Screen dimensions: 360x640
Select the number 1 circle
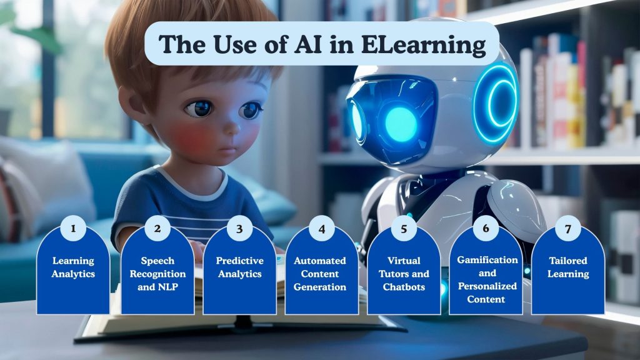[x=73, y=228]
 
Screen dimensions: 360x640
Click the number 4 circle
[x=322, y=229]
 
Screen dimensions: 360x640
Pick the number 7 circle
[x=567, y=228]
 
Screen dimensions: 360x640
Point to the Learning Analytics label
[x=73, y=267]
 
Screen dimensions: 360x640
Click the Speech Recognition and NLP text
[x=157, y=274]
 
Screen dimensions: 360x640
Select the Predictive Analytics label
[x=240, y=267]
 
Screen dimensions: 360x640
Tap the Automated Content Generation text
[x=322, y=274]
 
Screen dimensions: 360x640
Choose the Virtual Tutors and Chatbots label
[x=404, y=274]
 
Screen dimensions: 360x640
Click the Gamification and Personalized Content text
[x=487, y=279]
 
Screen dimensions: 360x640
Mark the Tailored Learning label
[x=567, y=267]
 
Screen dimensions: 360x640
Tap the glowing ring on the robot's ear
[x=497, y=103]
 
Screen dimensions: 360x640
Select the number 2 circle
[x=157, y=229]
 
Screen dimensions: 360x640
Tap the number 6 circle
[x=486, y=228]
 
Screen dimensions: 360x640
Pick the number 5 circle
[x=404, y=229]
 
